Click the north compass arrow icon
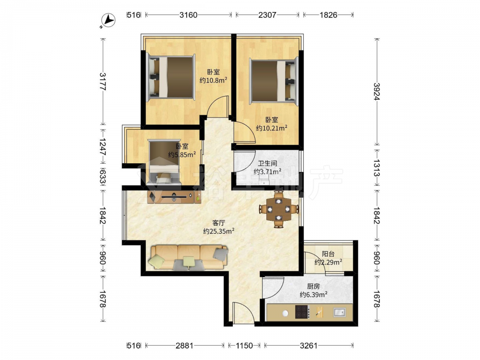(108, 21)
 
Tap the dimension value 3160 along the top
(188, 15)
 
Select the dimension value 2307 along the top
(267, 15)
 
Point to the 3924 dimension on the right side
(376, 92)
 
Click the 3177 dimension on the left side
(103, 82)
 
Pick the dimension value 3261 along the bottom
(309, 346)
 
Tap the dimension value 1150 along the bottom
(244, 346)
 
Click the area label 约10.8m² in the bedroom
(214, 80)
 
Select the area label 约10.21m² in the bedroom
(272, 128)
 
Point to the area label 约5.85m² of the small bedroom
(182, 155)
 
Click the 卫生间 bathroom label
(267, 164)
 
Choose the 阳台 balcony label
(328, 254)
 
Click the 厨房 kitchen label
(313, 286)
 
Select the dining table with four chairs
(278, 209)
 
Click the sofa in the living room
(189, 257)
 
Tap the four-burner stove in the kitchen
(302, 312)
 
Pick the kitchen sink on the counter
(339, 312)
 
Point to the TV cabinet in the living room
(174, 197)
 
